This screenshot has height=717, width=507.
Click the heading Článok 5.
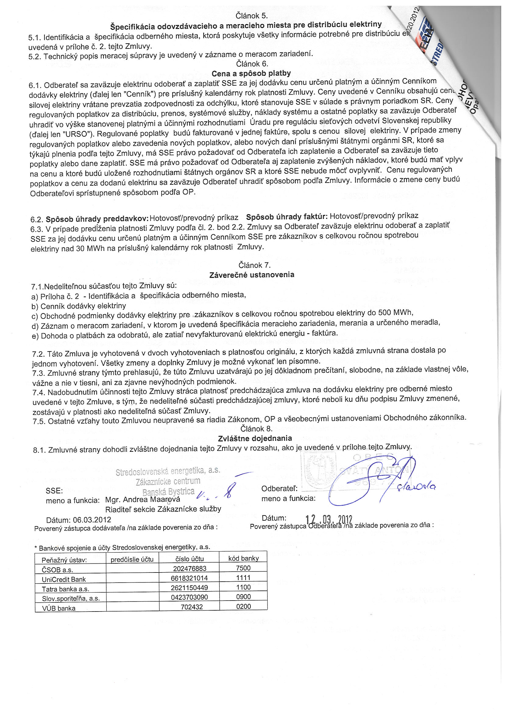pos(252,16)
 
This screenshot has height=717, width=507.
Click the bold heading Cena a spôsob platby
pos(251,73)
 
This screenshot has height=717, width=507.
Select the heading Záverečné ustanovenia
pos(252,275)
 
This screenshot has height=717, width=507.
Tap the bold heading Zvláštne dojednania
pos(255,438)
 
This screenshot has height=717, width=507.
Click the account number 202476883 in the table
pos(190,568)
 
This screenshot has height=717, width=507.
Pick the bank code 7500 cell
pos(243,568)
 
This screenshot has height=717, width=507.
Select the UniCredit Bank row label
pos(64,579)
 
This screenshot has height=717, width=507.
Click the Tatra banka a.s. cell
pos(66,589)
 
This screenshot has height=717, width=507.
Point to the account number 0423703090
pos(190,597)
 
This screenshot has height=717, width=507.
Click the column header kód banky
pos(243,558)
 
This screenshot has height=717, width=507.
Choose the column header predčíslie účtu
pos(132,559)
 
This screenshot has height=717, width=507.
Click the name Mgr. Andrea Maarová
pos(143,500)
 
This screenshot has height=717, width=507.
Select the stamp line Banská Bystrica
pos(168,492)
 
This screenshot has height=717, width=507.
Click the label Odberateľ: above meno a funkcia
pos(279,488)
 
